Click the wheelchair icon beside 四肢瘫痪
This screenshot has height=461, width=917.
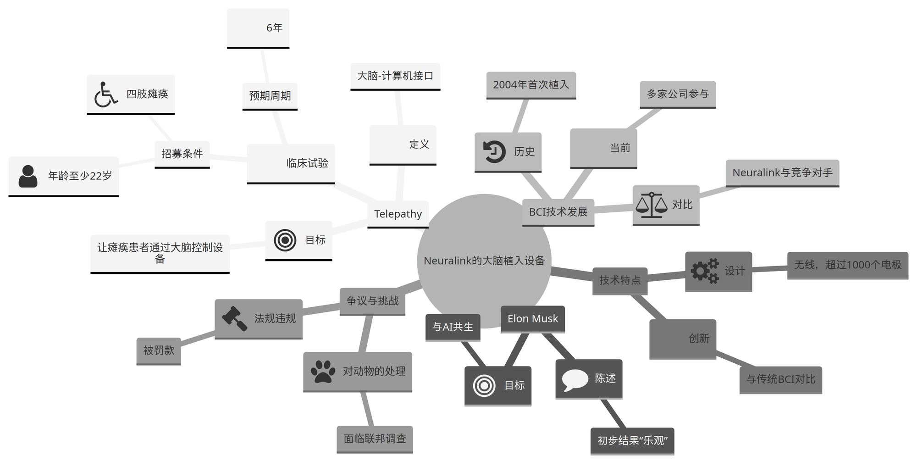(106, 94)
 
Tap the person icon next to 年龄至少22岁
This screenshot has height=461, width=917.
(28, 176)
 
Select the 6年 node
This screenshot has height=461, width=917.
(258, 28)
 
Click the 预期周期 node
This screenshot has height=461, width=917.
(270, 96)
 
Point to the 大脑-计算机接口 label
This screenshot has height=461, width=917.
(395, 76)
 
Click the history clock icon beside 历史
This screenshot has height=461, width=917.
(494, 152)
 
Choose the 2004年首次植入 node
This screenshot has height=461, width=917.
(531, 85)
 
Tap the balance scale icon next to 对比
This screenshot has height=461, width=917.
(652, 205)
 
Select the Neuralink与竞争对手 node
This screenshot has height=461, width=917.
(782, 173)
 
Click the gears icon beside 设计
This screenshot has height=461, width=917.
(705, 271)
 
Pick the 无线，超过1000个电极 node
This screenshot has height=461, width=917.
(848, 265)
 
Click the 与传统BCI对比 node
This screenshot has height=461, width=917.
(780, 379)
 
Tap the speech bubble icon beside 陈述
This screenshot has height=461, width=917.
(575, 379)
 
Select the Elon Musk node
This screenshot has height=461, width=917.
(533, 319)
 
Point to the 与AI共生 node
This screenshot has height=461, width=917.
(453, 327)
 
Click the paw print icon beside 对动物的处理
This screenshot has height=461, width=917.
(323, 372)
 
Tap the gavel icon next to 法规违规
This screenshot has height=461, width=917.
(234, 318)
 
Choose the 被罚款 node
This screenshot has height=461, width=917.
(159, 351)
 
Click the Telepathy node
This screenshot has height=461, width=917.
(398, 214)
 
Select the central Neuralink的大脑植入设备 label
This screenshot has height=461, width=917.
(484, 261)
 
